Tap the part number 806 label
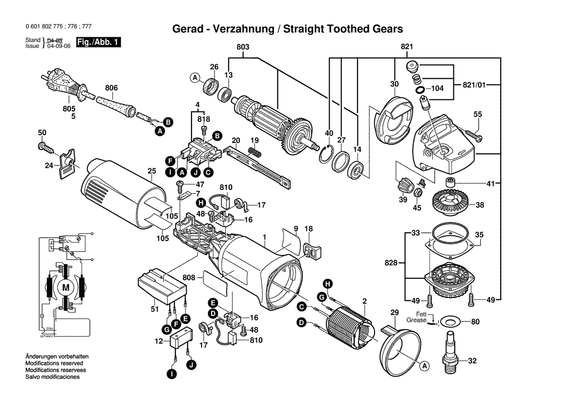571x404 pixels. coord(111,89)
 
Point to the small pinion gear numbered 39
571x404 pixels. coord(404,185)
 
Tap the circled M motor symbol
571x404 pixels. coord(65,288)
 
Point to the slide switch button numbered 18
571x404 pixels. coord(310,249)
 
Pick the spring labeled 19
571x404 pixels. coord(254,152)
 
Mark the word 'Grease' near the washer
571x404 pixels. coord(417,320)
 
